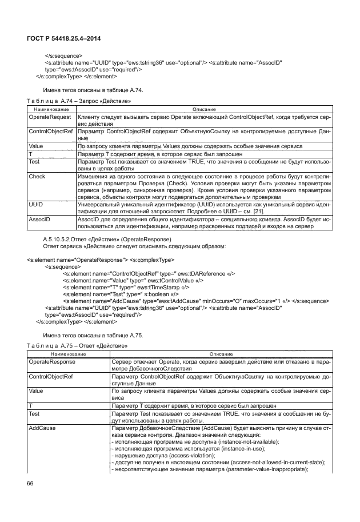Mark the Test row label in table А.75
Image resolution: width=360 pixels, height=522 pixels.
[34, 413]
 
